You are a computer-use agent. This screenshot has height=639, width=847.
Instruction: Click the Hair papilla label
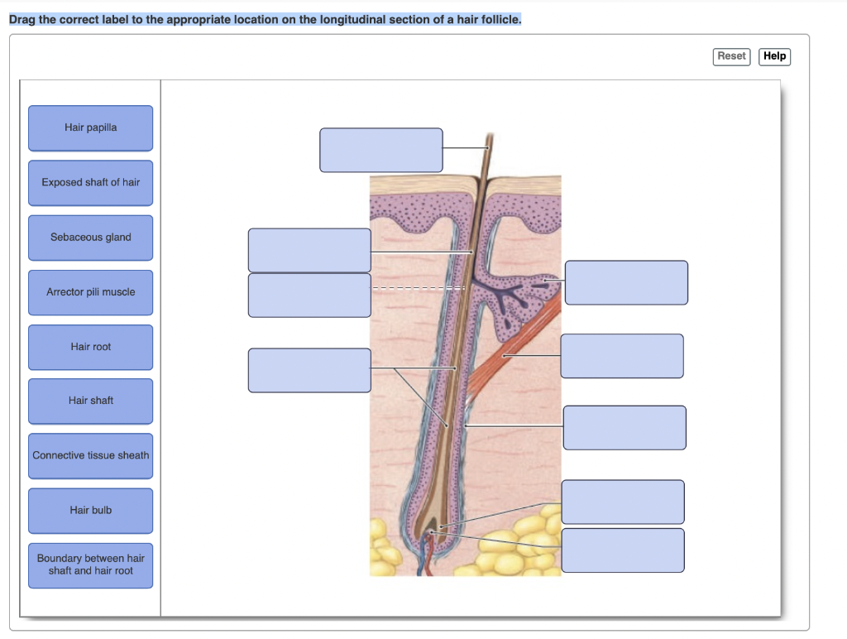(90, 127)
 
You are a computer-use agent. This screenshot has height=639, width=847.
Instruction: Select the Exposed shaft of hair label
(90, 182)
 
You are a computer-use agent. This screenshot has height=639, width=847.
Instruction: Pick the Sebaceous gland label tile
(90, 238)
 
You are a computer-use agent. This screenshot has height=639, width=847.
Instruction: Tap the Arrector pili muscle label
(90, 292)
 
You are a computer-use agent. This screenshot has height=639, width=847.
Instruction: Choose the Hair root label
(90, 347)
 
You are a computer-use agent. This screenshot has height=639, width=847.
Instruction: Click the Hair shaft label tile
(90, 401)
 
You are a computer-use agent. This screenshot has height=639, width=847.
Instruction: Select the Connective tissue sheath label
(90, 455)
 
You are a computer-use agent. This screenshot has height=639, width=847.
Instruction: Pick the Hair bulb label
(90, 510)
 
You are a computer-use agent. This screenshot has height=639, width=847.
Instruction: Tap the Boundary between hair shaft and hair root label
(90, 565)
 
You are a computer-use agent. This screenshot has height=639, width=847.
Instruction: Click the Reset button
(731, 56)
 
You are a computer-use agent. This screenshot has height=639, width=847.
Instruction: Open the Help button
(774, 56)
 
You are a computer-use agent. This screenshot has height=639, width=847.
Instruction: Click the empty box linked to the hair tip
(380, 150)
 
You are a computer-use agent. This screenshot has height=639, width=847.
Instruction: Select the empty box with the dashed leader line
(309, 295)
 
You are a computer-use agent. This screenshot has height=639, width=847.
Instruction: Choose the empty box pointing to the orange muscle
(622, 356)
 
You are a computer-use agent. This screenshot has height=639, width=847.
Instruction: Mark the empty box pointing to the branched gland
(626, 282)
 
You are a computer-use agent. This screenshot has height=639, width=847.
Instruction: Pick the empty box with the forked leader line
(309, 370)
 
